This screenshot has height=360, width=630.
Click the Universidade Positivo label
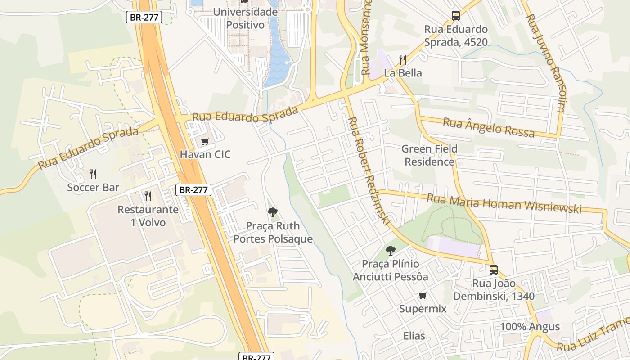(245, 18)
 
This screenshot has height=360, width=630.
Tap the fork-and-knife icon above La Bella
(403, 60)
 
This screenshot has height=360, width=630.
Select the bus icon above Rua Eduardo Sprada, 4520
(456, 16)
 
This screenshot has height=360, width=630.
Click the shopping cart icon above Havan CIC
(205, 142)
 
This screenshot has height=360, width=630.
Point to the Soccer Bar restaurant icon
(93, 174)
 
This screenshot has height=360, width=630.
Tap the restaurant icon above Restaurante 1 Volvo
(148, 196)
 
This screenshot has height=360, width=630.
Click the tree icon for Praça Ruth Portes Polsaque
(272, 212)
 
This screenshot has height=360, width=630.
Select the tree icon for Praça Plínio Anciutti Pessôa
(391, 251)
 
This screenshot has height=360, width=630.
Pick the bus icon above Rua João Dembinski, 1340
(494, 270)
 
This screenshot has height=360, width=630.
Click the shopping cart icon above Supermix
(423, 296)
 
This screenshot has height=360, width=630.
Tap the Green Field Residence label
(429, 155)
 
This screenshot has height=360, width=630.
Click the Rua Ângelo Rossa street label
(489, 127)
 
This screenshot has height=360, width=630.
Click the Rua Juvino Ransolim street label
(545, 63)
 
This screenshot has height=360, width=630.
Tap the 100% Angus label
(530, 327)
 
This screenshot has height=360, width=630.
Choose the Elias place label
(414, 336)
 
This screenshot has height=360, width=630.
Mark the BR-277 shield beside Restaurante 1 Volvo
(193, 190)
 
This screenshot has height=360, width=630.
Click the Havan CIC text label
(205, 155)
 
